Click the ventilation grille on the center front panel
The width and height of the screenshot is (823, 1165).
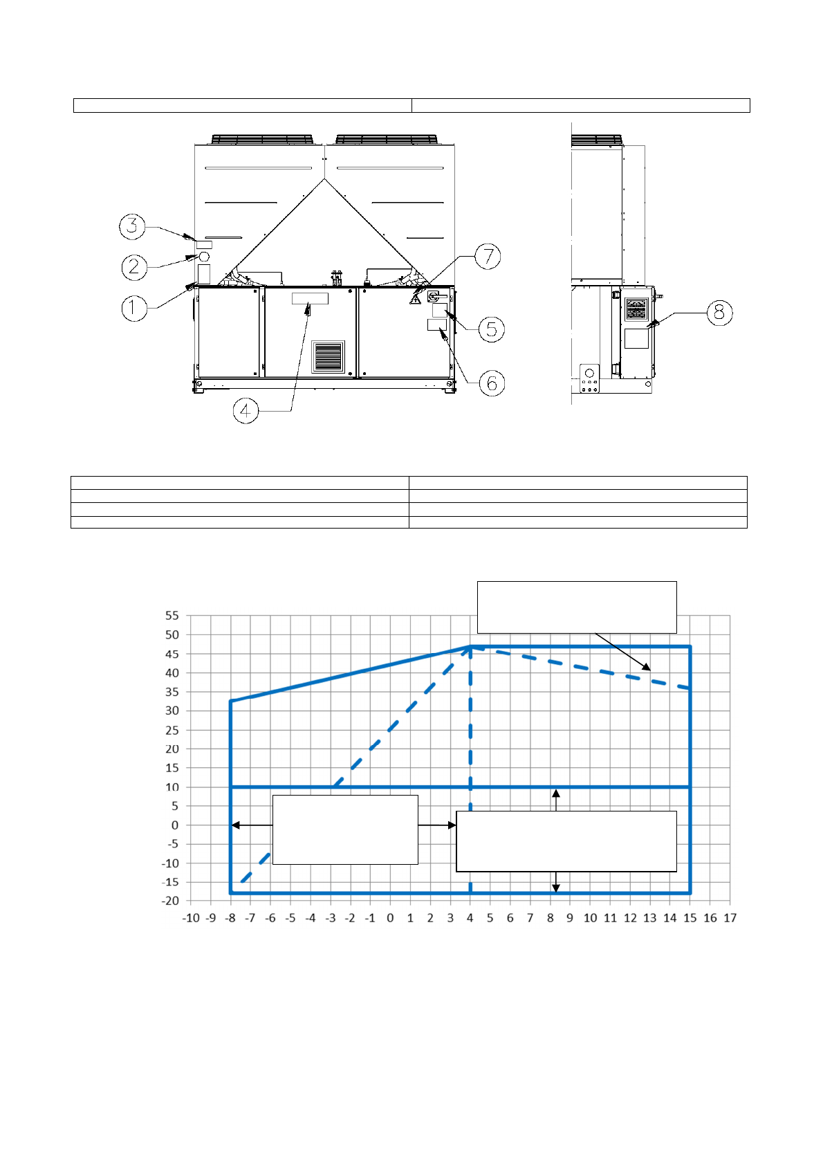[328, 357]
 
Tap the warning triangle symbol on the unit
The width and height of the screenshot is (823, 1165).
[415, 299]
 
